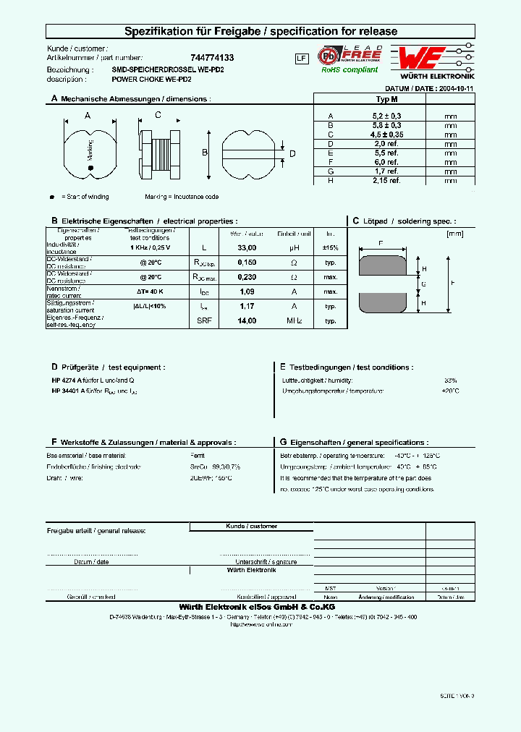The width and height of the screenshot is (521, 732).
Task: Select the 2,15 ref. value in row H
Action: [x=386, y=180]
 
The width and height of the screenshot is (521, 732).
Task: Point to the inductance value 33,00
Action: [x=247, y=247]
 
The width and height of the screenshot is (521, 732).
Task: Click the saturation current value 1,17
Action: [x=247, y=306]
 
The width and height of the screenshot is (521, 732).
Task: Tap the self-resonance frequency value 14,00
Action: [x=247, y=320]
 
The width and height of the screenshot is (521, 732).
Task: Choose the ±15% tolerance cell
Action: [x=330, y=247]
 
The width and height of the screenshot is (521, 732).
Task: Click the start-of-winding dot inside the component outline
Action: [x=90, y=169]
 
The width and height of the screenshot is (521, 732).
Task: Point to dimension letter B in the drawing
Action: [x=205, y=153]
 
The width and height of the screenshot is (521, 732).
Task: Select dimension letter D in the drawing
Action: [x=292, y=153]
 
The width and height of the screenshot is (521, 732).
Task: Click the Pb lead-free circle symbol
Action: [x=330, y=55]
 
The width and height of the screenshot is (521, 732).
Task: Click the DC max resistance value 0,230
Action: [x=247, y=277]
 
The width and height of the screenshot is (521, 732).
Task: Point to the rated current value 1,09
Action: [x=247, y=291]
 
